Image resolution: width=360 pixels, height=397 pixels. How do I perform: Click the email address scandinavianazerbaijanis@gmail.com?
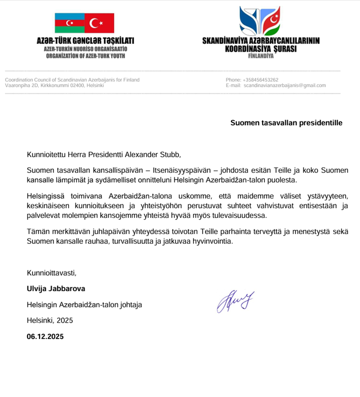285,85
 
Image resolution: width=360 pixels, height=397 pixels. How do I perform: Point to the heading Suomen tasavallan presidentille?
286,123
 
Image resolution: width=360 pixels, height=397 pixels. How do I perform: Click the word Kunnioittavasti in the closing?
52,273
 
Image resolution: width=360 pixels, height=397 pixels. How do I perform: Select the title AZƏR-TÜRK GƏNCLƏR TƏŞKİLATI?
85,42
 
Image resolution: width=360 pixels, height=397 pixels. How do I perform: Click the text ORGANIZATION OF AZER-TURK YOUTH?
85,56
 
